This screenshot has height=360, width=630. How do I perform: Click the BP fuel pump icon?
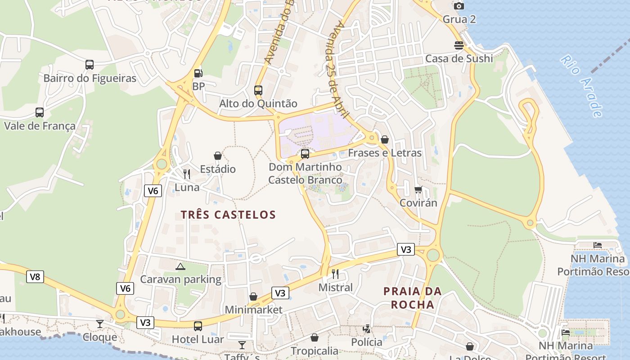(x=198, y=73)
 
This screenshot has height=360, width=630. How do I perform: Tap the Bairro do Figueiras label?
(x=90, y=78)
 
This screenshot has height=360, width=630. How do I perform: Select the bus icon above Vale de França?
(x=40, y=112)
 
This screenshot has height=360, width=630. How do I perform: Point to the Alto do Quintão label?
(x=258, y=103)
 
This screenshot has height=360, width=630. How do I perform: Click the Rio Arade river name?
(x=582, y=86)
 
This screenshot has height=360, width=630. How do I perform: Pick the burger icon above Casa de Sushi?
(x=459, y=45)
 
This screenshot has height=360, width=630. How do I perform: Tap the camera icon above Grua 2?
(x=459, y=6)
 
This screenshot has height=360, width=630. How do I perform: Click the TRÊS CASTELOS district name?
(x=228, y=215)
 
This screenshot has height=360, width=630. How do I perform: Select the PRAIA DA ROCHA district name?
(x=413, y=298)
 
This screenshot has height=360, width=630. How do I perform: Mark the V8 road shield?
(x=35, y=277)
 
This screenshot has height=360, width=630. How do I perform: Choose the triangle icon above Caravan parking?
(x=180, y=267)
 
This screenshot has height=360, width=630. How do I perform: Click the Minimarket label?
(x=253, y=310)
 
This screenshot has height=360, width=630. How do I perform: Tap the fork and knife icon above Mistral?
(x=335, y=274)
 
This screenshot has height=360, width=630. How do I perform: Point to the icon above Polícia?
(x=367, y=329)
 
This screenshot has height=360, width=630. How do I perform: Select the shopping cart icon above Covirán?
(x=418, y=190)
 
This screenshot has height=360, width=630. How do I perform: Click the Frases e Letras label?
(x=385, y=153)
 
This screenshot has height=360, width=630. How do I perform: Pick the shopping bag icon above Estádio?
(x=218, y=156)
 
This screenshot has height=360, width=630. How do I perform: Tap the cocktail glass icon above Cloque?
(x=100, y=324)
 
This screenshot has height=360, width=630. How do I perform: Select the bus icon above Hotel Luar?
(x=198, y=326)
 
